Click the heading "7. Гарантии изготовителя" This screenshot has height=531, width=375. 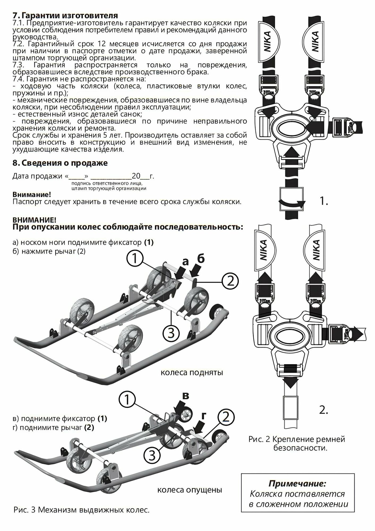[65, 15]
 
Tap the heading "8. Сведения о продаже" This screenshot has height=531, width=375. [60, 163]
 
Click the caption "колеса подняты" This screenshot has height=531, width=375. [192, 372]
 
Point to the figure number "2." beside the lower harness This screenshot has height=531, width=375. [323, 411]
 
